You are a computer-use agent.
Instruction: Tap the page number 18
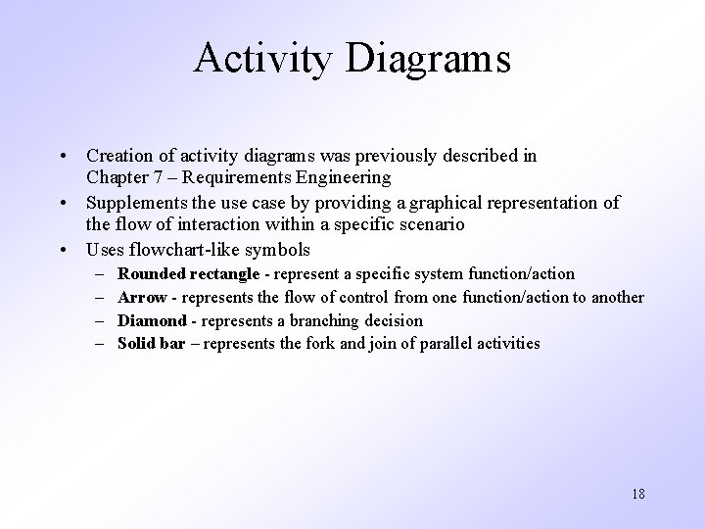(x=637, y=493)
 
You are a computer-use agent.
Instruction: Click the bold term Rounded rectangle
(x=188, y=273)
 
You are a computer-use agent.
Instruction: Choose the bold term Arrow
(x=142, y=297)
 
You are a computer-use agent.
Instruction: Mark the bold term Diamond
(x=152, y=320)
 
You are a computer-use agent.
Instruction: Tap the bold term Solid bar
(x=151, y=343)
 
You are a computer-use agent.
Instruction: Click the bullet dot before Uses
(x=62, y=249)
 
